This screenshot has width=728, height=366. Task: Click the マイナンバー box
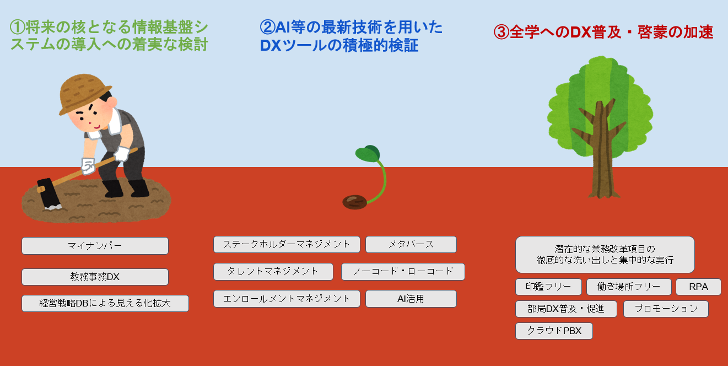coord(95,246)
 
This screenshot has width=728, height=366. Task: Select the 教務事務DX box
coord(95,277)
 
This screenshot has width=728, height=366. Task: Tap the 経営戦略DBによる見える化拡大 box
coord(105,303)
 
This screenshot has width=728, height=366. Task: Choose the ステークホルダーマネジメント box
coord(287,244)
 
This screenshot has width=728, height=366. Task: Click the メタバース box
coord(411,244)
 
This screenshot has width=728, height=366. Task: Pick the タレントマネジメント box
coord(273,272)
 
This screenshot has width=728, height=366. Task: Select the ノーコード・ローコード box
coord(403,272)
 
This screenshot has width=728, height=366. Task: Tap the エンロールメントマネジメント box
coord(287,299)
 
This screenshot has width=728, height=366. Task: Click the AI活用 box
coord(411,299)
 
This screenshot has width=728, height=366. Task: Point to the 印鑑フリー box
coord(548,287)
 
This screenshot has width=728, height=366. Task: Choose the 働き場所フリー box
coord(629,287)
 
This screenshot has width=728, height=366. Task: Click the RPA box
coord(698,287)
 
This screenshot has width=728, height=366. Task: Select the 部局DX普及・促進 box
coord(566,309)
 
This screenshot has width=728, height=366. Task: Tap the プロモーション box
coord(666,309)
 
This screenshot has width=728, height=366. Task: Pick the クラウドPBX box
coord(554,331)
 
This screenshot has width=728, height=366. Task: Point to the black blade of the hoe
coord(48,194)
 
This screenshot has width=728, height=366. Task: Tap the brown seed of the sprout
coord(354,202)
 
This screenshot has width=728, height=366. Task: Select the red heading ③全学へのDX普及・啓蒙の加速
coord(603,32)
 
